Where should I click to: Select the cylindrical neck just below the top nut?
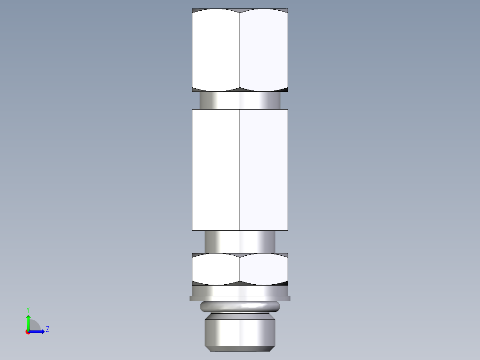[240, 100]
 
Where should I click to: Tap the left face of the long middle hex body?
[216, 169]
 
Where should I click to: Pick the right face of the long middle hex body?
[264, 169]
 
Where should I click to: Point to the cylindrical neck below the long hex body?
[240, 241]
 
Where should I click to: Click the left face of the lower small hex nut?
[216, 270]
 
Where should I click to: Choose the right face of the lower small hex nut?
[264, 270]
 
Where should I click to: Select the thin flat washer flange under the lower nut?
[240, 298]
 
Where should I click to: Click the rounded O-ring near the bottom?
[240, 307]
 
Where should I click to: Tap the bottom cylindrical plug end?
[240, 330]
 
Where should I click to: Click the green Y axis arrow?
[28, 322]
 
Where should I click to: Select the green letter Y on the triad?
[28, 309]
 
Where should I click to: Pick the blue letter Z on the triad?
[47, 330]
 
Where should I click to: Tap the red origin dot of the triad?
[28, 332]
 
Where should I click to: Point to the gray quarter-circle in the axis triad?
[35, 326]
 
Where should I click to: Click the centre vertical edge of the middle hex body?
[240, 169]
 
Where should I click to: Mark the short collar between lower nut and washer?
[240, 290]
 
